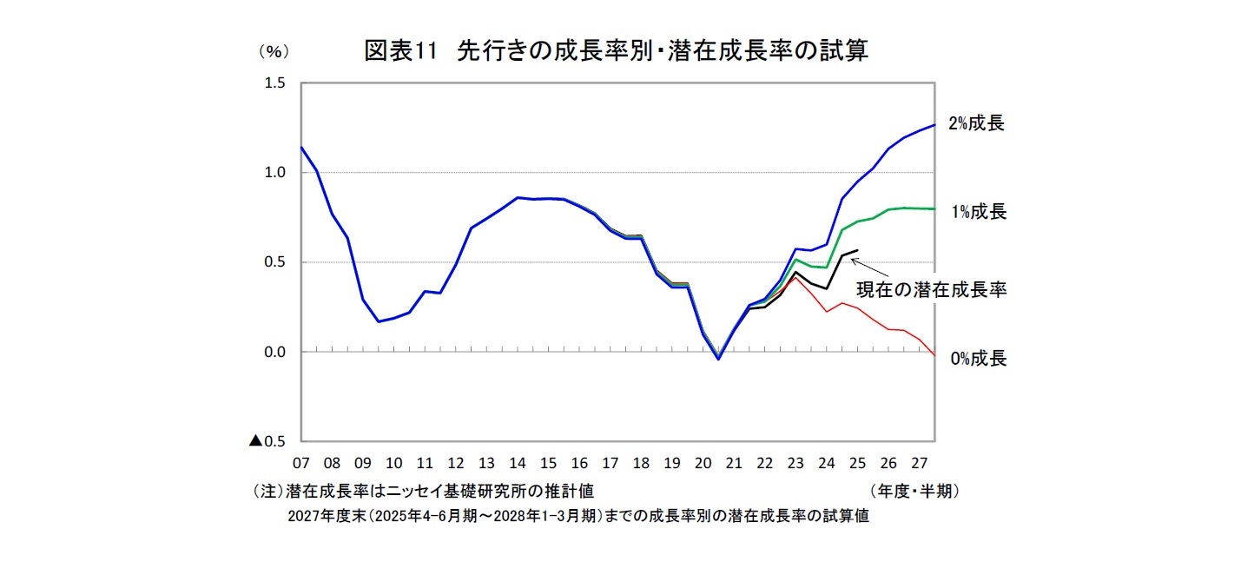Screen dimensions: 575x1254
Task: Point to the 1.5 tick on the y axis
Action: click(x=275, y=83)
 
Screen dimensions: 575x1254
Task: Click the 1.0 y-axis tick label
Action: click(x=275, y=173)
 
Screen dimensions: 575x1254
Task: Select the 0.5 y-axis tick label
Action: click(x=275, y=262)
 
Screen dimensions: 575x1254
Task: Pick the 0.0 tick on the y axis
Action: click(x=275, y=352)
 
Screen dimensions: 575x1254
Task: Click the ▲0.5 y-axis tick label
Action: click(x=268, y=441)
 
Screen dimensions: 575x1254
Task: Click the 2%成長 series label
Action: click(x=976, y=123)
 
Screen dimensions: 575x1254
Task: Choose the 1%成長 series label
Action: click(x=977, y=212)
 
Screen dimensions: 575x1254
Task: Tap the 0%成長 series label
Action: click(x=978, y=359)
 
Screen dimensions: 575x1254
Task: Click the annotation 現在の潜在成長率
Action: click(x=932, y=291)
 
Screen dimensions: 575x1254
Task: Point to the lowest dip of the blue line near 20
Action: click(x=718, y=359)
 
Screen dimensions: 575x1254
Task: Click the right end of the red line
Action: click(x=934, y=354)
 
